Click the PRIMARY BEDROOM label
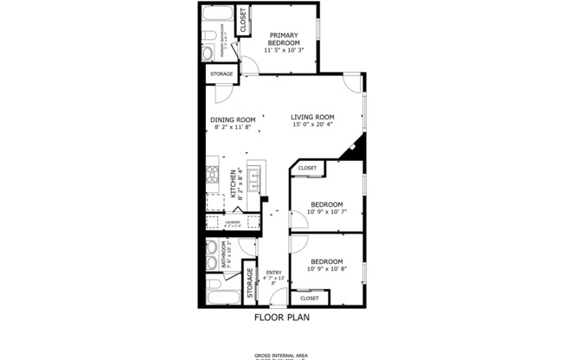[284, 39]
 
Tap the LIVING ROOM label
[312, 117]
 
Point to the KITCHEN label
[233, 183]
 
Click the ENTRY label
[273, 273]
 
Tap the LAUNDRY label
[233, 222]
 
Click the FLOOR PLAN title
[281, 318]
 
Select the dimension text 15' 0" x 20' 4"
[312, 125]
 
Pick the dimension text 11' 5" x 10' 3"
[284, 48]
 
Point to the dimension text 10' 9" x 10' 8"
[327, 268]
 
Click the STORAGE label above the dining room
[221, 74]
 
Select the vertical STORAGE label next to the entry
[250, 283]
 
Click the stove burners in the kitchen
[212, 174]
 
